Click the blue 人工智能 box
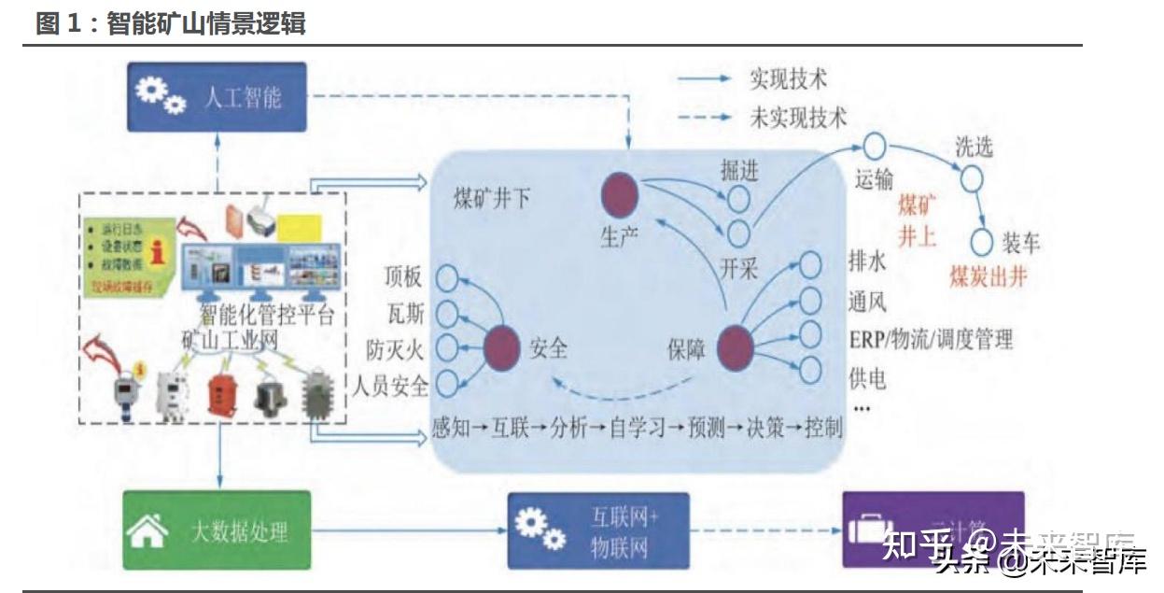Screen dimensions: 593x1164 point(217,96)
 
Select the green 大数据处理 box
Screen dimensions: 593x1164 point(217,531)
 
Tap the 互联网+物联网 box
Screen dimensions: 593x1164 point(598,531)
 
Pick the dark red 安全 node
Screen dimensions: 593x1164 point(503,347)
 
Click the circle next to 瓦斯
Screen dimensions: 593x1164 point(448,313)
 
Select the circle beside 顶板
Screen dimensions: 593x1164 point(448,277)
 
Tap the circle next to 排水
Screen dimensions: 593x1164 point(809,265)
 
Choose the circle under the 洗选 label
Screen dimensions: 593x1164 point(971,177)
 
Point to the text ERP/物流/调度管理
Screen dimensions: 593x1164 point(930,339)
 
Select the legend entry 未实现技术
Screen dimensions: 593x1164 point(798,119)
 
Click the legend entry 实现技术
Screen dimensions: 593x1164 point(788,79)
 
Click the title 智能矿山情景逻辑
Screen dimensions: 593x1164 point(206,23)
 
